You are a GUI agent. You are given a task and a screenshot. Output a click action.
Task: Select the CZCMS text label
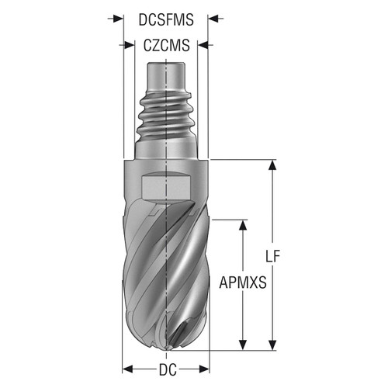[166, 46]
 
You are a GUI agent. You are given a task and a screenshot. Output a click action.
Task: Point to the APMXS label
[243, 284]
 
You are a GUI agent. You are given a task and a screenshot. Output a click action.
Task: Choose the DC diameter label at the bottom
[166, 369]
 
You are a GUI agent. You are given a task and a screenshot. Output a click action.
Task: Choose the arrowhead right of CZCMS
[203, 46]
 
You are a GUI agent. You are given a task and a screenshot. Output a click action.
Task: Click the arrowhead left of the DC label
[129, 369]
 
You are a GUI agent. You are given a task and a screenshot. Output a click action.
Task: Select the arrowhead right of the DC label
[203, 369]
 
